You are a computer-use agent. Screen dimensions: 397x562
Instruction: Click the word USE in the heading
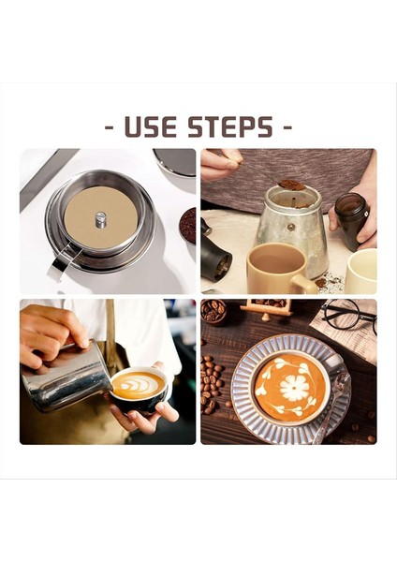click(x=151, y=126)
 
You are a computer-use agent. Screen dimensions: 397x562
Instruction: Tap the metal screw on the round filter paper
click(x=101, y=219)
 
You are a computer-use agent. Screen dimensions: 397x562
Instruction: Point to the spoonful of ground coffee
click(x=292, y=185)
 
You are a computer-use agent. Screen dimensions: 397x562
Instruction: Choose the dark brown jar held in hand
click(x=352, y=221)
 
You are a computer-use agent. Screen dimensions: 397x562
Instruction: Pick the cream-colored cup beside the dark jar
click(x=360, y=271)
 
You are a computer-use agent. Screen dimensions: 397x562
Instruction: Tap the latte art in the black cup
click(x=138, y=385)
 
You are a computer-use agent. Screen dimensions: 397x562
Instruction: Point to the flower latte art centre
click(x=294, y=388)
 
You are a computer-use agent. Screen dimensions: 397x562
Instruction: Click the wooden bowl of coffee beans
click(x=213, y=311)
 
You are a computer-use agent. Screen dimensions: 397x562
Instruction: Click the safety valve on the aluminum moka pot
click(x=291, y=227)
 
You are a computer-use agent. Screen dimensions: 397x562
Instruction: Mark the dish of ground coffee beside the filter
click(x=188, y=226)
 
